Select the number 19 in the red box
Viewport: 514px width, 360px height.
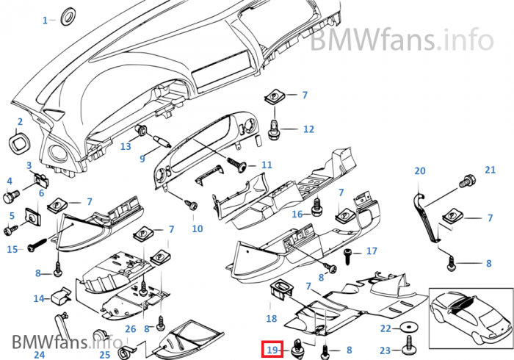[x=272, y=350]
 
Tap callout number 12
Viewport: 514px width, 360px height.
[x=308, y=129]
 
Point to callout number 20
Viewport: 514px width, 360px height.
[x=420, y=171]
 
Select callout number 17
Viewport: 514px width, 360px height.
[x=372, y=251]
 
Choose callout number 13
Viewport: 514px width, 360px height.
[x=126, y=146]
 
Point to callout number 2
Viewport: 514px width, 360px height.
[x=20, y=121]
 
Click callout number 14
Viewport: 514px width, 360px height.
[x=38, y=298]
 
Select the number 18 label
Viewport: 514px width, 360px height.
[x=272, y=319]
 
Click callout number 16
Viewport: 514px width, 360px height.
[x=297, y=215]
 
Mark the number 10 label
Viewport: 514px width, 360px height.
[x=198, y=228]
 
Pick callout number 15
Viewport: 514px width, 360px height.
[x=12, y=250]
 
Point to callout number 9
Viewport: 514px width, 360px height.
[x=143, y=159]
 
